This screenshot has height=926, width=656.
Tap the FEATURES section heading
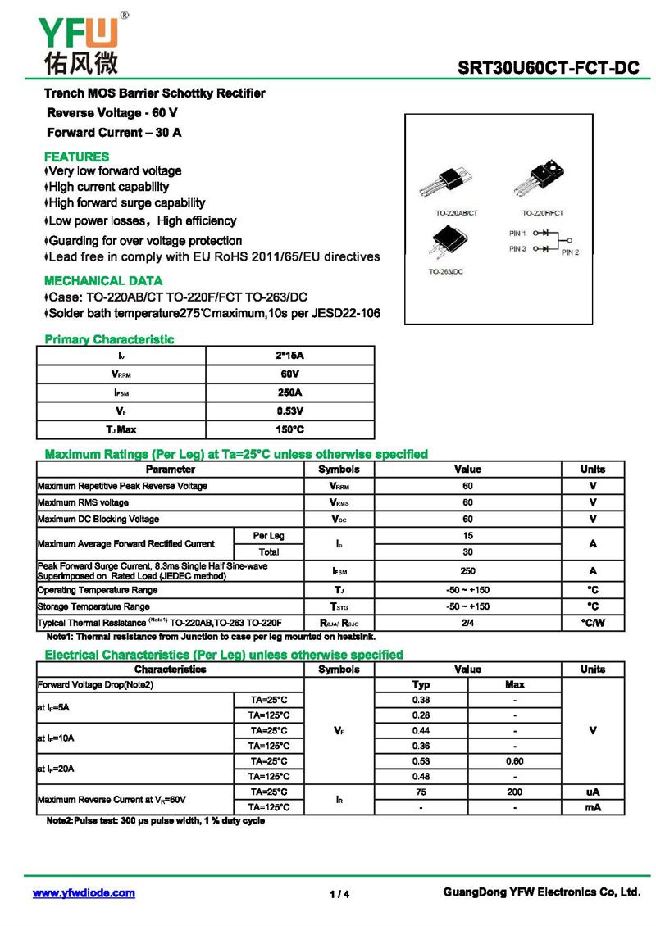pyautogui.click(x=76, y=157)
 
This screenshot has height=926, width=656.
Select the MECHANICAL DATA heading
pyautogui.click(x=103, y=280)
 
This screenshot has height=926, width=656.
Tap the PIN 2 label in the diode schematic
pyautogui.click(x=570, y=252)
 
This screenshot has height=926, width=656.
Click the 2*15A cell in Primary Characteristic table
pyautogui.click(x=290, y=356)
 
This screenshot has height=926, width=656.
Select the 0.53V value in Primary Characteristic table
pyautogui.click(x=290, y=411)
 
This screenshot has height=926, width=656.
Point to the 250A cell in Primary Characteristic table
pyautogui.click(x=290, y=393)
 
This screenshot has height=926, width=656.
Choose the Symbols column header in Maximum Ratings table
pyautogui.click(x=339, y=470)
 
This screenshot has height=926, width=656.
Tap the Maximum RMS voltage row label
pyautogui.click(x=83, y=502)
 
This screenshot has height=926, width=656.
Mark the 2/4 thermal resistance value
pyautogui.click(x=467, y=623)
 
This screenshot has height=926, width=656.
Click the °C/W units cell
pyautogui.click(x=592, y=623)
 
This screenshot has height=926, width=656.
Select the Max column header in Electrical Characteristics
pyautogui.click(x=514, y=684)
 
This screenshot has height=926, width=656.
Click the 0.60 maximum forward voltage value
pyautogui.click(x=514, y=760)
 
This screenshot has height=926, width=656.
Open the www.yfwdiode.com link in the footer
pyautogui.click(x=84, y=893)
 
